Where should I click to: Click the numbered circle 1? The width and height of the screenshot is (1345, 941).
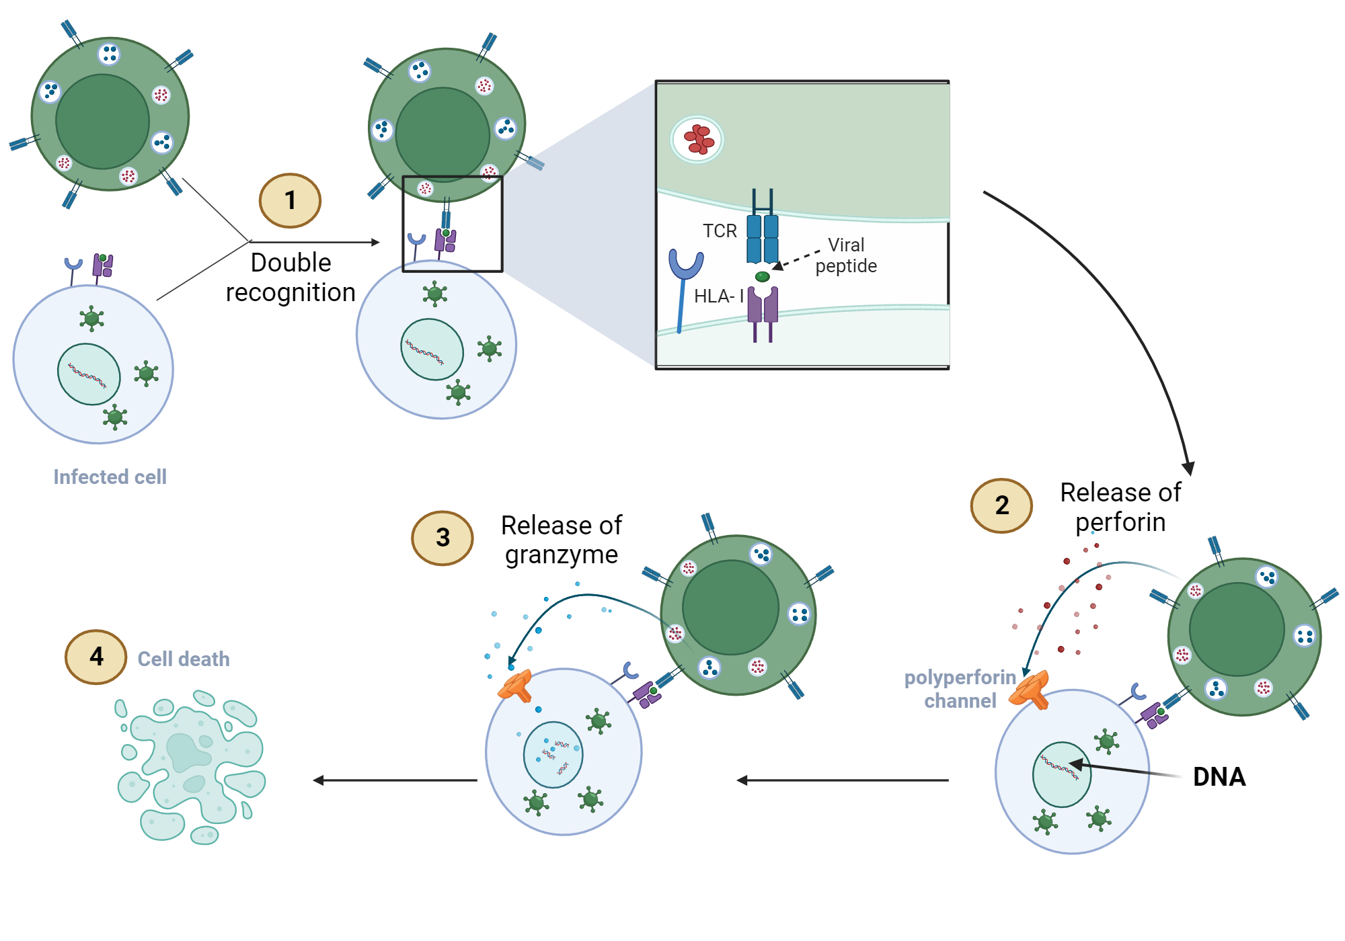(290, 200)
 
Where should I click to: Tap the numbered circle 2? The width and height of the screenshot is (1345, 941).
(1001, 505)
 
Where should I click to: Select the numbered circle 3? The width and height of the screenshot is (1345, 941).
(442, 538)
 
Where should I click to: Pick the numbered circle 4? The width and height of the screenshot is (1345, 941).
(96, 657)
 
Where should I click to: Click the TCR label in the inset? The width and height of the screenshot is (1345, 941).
(720, 231)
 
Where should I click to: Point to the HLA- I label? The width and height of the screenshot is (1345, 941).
(718, 296)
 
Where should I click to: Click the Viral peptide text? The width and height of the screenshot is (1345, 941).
(846, 255)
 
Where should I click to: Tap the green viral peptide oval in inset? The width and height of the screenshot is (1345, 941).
(762, 277)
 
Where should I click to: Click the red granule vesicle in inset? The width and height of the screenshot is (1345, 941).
(697, 140)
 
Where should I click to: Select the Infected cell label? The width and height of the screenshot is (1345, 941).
(110, 477)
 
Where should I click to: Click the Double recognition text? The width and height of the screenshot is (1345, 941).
(291, 278)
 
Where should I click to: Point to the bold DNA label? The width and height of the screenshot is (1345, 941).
(1219, 777)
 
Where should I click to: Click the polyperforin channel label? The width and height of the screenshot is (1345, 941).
(960, 689)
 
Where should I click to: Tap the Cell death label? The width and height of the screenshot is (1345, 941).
(184, 659)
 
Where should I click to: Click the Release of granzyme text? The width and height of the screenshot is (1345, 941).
(561, 540)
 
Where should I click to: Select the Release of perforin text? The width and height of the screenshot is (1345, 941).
(1120, 507)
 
